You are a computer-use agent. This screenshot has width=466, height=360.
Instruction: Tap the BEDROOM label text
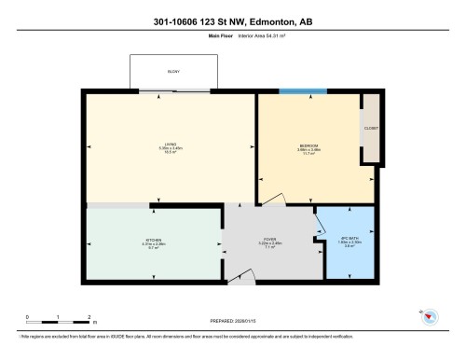click(309, 145)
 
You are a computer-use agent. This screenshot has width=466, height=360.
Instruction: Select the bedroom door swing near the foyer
click(271, 197)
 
